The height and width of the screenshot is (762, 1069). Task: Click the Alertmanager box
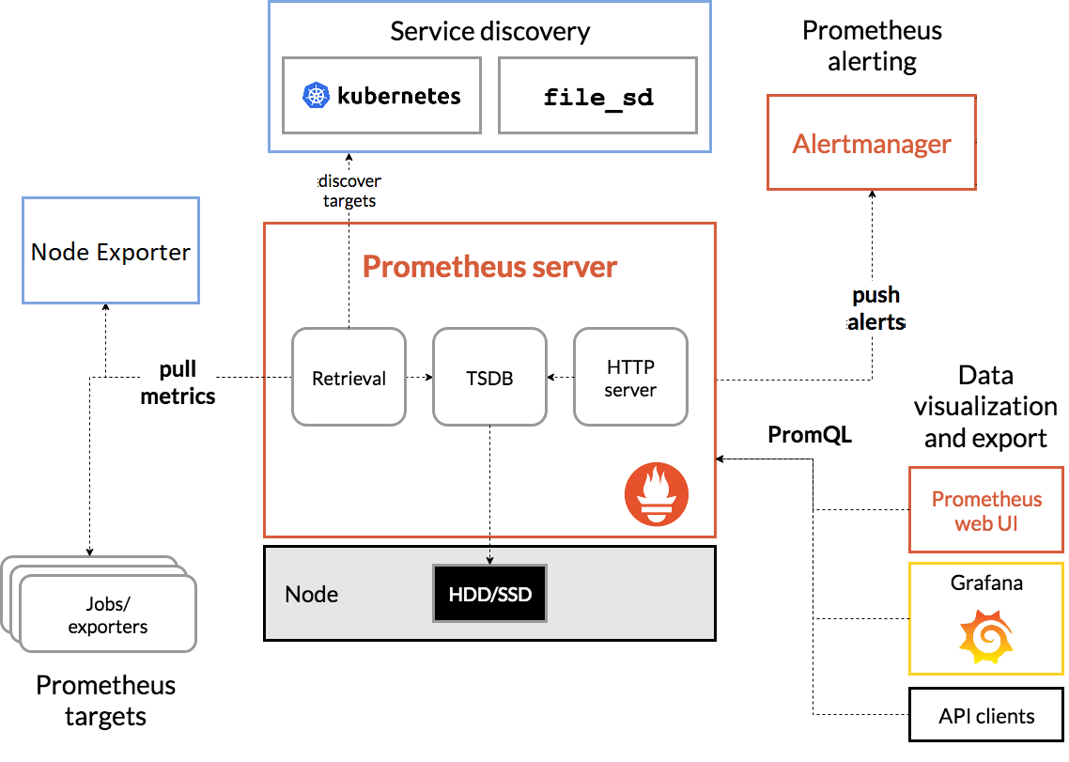(872, 143)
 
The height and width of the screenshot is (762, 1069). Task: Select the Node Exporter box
(111, 250)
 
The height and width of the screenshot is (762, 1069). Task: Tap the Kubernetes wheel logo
(316, 96)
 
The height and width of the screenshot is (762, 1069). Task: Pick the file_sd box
(597, 96)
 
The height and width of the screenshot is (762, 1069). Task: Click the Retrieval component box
(349, 378)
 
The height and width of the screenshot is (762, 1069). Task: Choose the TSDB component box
(489, 378)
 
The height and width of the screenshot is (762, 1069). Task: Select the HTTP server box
(630, 378)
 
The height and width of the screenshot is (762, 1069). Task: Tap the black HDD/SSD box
(489, 594)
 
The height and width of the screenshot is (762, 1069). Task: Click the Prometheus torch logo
(657, 494)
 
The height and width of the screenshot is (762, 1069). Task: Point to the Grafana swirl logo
(985, 637)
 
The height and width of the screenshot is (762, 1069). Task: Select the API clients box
(985, 715)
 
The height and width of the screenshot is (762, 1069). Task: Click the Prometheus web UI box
(985, 510)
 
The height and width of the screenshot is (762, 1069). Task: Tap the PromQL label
(810, 434)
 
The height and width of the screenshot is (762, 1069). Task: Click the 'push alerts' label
(876, 308)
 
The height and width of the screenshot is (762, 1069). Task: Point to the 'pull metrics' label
(178, 382)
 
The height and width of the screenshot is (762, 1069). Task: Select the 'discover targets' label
(349, 191)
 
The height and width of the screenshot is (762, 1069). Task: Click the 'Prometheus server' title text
(489, 266)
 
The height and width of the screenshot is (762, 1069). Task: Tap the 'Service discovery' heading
(489, 31)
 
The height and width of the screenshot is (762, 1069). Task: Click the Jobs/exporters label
(108, 615)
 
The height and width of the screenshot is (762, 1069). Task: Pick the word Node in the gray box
(312, 594)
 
